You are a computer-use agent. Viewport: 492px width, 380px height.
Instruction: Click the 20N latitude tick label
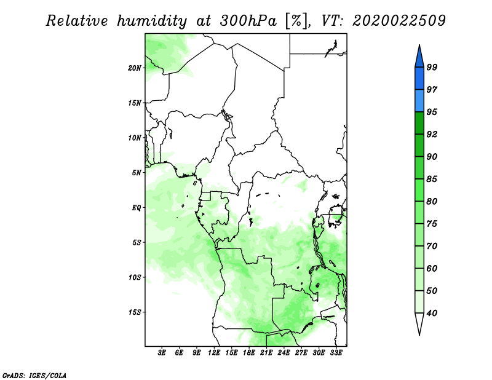[x=135, y=68]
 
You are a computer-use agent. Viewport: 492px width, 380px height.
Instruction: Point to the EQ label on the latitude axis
[x=137, y=208]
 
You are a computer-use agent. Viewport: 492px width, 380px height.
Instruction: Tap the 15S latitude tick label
[x=135, y=312]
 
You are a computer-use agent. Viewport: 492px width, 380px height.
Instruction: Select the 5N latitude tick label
[x=137, y=173]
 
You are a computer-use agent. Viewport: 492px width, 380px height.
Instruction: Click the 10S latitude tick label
[x=135, y=277]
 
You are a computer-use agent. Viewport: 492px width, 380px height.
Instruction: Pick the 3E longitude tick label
[x=162, y=352]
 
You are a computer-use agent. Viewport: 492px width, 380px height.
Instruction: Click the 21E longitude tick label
[x=266, y=352]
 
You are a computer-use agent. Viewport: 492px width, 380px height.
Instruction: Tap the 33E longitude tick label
[x=336, y=352]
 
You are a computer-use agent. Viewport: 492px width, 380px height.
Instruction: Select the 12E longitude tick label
[x=214, y=352]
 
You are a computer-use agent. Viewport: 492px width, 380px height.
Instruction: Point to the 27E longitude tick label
[x=301, y=352]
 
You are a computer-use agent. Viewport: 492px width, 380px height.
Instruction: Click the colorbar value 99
[x=432, y=67]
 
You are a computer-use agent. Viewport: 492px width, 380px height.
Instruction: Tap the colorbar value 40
[x=432, y=313]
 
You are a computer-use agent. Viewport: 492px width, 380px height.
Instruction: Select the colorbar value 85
[x=432, y=179]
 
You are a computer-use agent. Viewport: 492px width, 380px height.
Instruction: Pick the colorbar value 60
[x=432, y=268]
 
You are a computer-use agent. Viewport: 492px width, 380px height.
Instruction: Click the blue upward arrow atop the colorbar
[x=419, y=57]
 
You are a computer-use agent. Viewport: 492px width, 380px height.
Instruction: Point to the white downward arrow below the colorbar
[x=419, y=323]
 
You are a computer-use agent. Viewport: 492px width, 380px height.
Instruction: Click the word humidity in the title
[x=152, y=21]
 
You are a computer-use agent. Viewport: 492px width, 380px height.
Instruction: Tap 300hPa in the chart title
[x=248, y=21]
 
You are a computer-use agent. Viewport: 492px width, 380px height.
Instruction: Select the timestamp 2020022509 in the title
[x=399, y=21]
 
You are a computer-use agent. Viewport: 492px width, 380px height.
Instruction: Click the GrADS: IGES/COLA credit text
[x=34, y=375]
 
